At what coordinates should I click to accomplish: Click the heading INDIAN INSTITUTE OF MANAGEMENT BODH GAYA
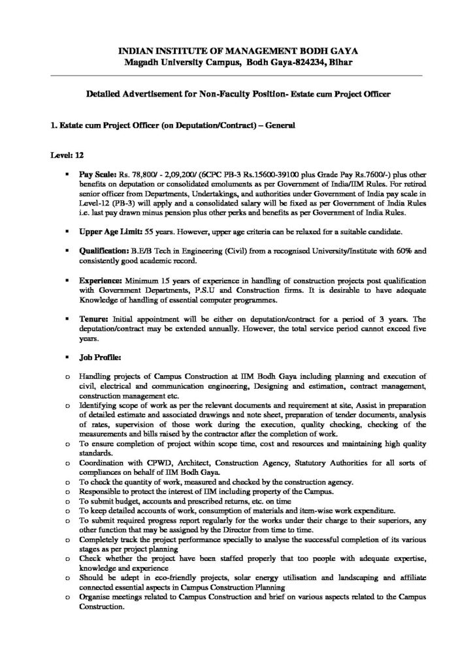237,50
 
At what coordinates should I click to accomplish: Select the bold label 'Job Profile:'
100,357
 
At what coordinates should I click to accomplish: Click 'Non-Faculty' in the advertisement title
208,94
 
